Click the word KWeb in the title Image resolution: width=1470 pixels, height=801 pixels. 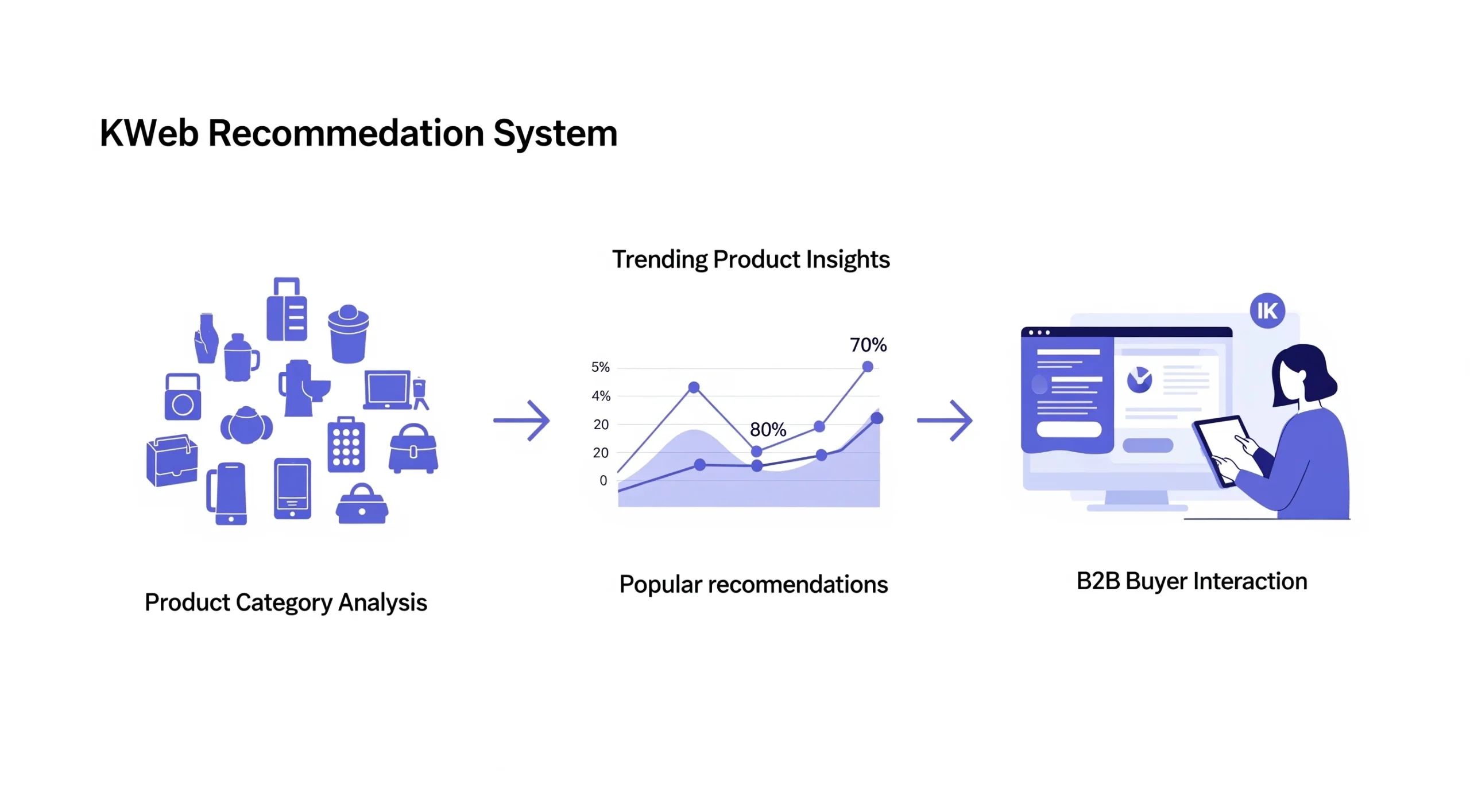click(x=149, y=134)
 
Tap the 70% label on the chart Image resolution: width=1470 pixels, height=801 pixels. click(x=868, y=345)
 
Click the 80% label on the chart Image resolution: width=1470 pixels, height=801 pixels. click(x=768, y=429)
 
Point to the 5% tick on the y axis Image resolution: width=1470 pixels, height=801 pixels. click(x=600, y=367)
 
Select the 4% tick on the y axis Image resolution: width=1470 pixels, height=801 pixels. click(x=601, y=396)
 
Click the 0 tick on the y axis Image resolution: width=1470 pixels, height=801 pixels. click(x=603, y=480)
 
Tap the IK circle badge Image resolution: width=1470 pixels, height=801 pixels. click(x=1267, y=310)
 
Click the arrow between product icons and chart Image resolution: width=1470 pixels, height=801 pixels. click(x=521, y=421)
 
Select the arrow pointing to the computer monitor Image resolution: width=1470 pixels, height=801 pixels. click(x=944, y=421)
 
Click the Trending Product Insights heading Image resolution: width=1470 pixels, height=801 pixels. click(x=751, y=259)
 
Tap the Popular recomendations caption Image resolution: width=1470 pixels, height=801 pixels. click(x=753, y=585)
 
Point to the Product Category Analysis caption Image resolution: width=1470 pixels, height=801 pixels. click(x=285, y=602)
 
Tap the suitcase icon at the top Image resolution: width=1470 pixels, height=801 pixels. click(x=287, y=310)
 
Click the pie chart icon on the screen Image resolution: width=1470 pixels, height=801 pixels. click(x=1139, y=380)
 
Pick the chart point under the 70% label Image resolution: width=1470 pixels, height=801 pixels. click(x=867, y=367)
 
